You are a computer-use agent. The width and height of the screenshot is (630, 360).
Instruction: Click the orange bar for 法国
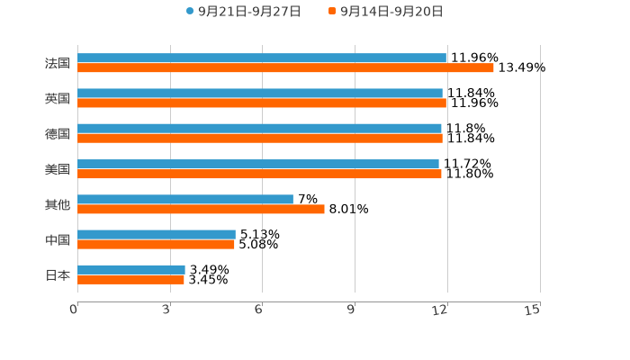(285, 68)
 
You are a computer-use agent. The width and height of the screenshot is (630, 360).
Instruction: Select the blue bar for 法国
(262, 58)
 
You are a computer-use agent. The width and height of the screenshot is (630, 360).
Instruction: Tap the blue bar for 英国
(260, 94)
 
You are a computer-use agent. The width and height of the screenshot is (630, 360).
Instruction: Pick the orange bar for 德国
(260, 139)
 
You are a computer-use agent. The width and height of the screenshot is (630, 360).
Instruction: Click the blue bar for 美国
(258, 165)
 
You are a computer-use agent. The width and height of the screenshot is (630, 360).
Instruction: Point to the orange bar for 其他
(201, 209)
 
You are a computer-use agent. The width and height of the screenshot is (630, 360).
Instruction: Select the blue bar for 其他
(185, 199)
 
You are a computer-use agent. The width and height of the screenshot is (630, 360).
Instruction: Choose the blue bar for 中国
(157, 235)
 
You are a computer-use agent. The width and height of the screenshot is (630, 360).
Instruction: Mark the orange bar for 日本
(130, 280)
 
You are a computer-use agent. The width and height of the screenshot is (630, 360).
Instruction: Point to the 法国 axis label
(58, 64)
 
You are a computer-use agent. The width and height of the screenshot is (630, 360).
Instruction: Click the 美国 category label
(58, 169)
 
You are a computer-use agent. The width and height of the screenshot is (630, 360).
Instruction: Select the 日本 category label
(58, 275)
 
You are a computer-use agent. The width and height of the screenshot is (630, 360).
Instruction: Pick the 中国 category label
(58, 240)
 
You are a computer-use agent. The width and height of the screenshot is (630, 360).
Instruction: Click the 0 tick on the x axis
(74, 310)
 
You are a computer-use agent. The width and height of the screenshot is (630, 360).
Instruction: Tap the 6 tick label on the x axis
(258, 310)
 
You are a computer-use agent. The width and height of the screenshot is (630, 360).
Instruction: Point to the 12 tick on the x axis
(440, 310)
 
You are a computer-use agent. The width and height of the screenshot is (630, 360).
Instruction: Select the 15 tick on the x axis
(533, 310)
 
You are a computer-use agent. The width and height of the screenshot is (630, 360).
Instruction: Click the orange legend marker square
(332, 12)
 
